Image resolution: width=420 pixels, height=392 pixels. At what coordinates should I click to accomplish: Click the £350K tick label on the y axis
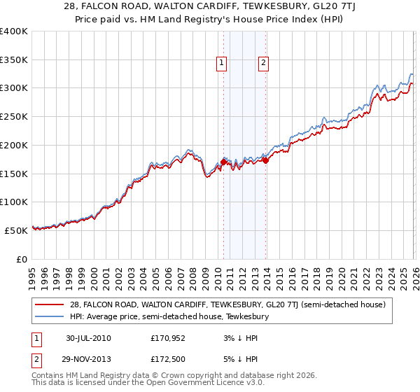point(14,60)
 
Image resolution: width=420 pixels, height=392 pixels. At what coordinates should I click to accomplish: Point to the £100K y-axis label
point(14,202)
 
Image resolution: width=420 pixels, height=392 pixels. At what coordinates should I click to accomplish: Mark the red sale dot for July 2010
point(223,162)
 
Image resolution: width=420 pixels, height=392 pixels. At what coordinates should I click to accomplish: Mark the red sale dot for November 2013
point(266,160)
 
